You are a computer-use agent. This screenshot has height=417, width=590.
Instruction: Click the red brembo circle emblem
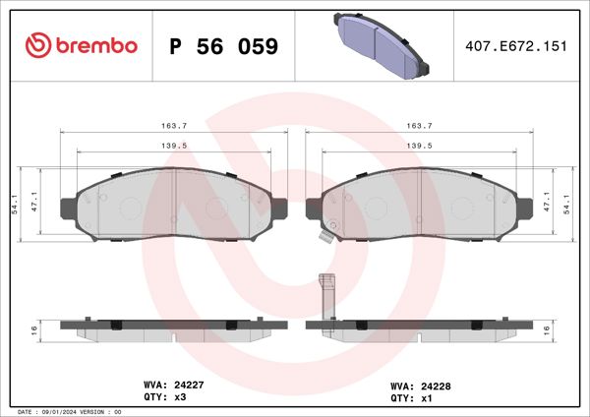click(37, 45)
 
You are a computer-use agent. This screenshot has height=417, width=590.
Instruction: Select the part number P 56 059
click(224, 46)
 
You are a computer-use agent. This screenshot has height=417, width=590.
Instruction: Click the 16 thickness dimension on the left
click(33, 328)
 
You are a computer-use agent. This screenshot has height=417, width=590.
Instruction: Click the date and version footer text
click(70, 411)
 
